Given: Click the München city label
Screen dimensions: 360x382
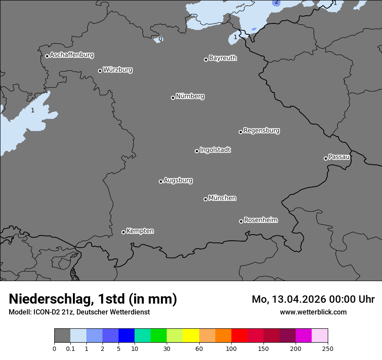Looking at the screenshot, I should pos(222,198).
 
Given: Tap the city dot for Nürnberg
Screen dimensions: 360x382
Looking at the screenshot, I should pos(173,98).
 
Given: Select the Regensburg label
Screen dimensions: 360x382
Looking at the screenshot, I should pos(261,131).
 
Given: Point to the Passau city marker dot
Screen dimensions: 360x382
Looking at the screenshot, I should pos(326,158).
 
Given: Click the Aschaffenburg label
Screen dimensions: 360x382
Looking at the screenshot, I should pos(72,55).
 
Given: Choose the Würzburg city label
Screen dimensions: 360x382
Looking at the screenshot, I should pos(118,70).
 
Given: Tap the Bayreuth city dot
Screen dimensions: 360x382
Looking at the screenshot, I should pos(206,59).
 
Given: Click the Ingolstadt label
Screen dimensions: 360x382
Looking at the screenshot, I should pos(215,150).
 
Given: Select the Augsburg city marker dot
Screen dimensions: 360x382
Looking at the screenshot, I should pos(161,181).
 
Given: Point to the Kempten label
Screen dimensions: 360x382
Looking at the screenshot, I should pos(140,231).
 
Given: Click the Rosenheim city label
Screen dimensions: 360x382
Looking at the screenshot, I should pos(260,220).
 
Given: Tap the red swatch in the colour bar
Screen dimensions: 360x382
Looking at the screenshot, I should pos(239,336).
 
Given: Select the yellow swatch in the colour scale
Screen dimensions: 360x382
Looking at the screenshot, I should pos(191,336).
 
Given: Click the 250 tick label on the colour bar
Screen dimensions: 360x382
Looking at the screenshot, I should pos(328,348).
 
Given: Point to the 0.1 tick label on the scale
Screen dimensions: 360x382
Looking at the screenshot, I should pos(70,348).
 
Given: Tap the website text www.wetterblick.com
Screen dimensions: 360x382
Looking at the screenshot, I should pos(313,312).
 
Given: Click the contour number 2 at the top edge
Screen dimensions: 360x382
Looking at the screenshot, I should pos(276,2).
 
